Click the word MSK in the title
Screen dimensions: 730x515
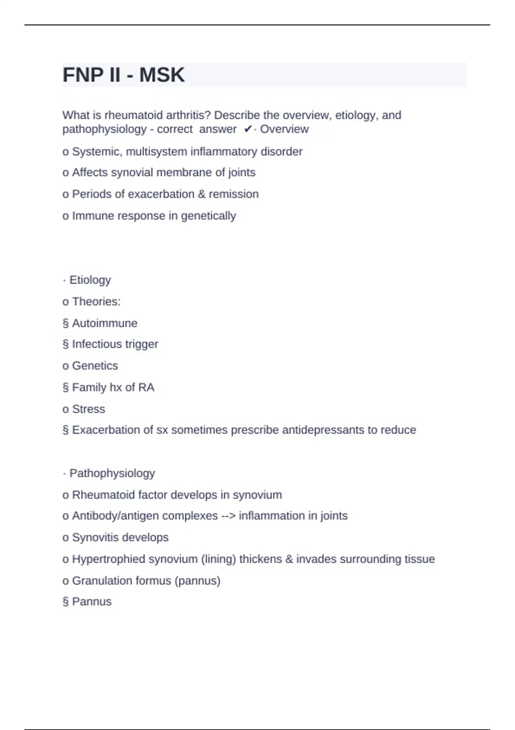click(162, 75)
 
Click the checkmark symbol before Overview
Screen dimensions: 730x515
click(248, 129)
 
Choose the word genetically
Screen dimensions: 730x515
click(209, 216)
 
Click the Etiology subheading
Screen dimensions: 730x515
click(90, 280)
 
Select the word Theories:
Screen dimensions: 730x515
click(96, 301)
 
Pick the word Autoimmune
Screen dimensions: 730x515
click(105, 323)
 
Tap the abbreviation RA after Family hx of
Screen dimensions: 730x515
click(146, 387)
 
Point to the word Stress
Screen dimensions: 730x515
click(88, 409)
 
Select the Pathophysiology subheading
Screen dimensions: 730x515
click(112, 473)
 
